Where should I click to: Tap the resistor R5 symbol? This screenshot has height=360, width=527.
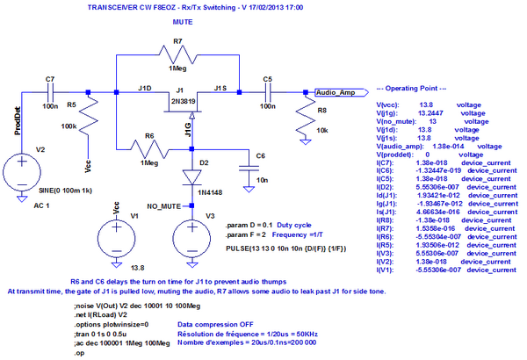[87, 126]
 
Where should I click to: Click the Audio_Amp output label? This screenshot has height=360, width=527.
[335, 91]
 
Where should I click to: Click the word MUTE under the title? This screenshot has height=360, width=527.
[184, 18]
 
